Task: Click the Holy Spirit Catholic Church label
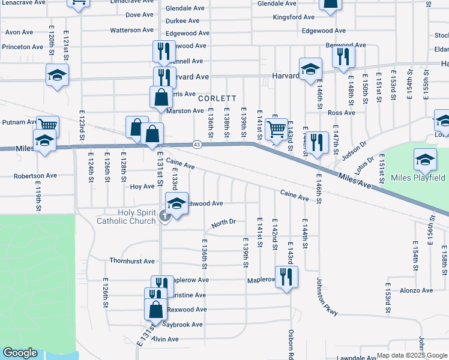click(x=126, y=217)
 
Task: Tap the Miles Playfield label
click(x=418, y=178)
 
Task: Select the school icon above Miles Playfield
click(x=425, y=160)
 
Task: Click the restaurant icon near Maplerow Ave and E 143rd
click(x=287, y=277)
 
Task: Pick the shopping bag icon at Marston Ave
click(x=161, y=97)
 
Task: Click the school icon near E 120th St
click(x=57, y=75)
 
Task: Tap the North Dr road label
click(x=223, y=223)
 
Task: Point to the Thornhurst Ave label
click(x=131, y=261)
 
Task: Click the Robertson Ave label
click(x=35, y=176)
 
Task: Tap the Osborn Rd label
click(x=291, y=343)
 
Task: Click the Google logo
click(x=20, y=353)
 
